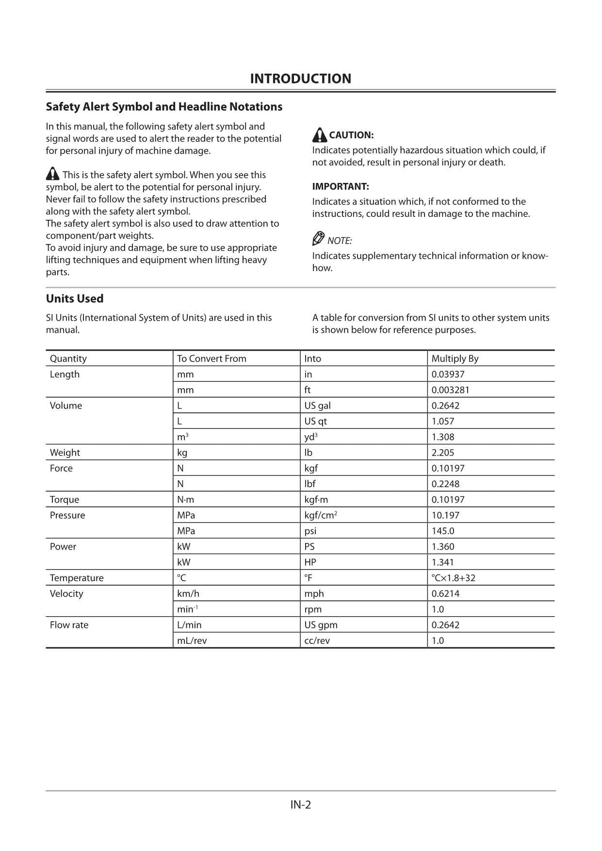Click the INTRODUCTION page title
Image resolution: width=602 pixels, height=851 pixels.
click(x=300, y=79)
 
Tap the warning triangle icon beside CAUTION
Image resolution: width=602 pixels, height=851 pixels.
click(x=319, y=135)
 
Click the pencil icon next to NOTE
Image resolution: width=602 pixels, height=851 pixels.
click(x=318, y=239)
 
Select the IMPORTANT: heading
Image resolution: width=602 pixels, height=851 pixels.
click(x=340, y=186)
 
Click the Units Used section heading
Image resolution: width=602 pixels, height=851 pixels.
click(x=75, y=298)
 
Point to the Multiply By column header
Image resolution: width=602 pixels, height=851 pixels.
click(x=455, y=359)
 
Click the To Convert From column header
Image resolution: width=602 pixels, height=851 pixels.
click(x=212, y=359)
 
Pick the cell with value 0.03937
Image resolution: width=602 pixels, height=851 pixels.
click(x=448, y=374)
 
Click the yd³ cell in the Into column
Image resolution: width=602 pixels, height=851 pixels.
click(x=310, y=437)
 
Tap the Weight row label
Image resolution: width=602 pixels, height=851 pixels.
click(x=65, y=453)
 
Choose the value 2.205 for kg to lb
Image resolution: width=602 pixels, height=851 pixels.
click(x=442, y=453)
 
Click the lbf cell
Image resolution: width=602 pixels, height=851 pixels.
click(x=309, y=484)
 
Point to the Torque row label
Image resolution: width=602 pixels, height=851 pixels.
click(x=64, y=500)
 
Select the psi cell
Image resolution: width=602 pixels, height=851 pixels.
click(x=310, y=531)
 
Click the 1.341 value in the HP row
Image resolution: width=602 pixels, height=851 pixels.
click(x=442, y=562)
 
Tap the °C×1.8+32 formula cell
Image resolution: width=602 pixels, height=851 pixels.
click(x=453, y=578)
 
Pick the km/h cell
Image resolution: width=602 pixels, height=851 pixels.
click(x=188, y=593)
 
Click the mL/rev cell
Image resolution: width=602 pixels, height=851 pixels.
click(x=192, y=640)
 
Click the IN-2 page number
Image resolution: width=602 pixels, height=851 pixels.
click(x=300, y=805)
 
